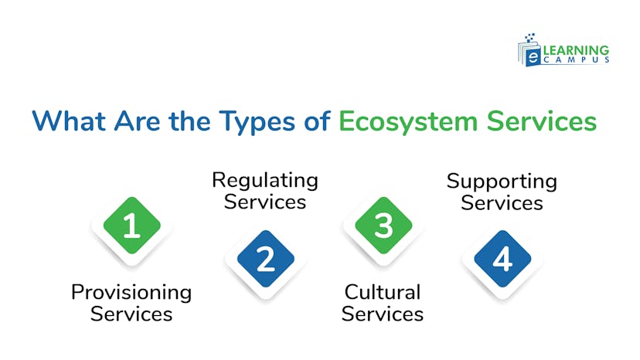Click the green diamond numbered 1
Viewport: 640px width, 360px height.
(x=131, y=226)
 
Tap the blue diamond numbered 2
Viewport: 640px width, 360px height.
(x=265, y=259)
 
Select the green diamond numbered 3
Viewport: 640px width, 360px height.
(x=383, y=226)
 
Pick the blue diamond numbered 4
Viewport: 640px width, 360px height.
(x=502, y=259)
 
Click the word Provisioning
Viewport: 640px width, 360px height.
(x=131, y=293)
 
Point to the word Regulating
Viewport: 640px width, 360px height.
(x=265, y=181)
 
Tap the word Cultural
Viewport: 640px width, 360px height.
(x=383, y=293)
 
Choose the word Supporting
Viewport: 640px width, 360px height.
(x=502, y=182)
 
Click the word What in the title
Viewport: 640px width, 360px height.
(x=68, y=122)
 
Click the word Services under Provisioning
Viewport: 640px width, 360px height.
(x=131, y=314)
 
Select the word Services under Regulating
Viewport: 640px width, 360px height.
(x=265, y=202)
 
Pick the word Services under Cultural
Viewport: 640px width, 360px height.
(x=383, y=314)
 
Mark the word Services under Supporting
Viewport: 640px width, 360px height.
(x=502, y=204)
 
